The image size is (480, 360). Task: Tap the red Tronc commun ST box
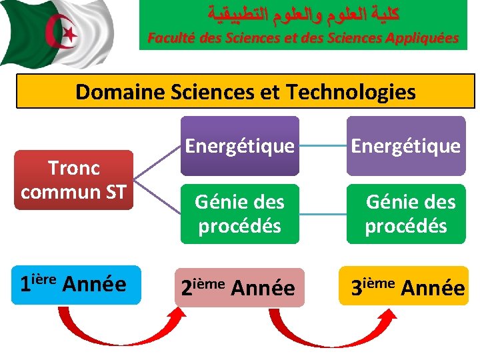click(73, 180)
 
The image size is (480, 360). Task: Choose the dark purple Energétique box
click(239, 145)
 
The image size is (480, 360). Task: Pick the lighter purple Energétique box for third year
click(406, 145)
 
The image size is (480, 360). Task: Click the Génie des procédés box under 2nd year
click(239, 213)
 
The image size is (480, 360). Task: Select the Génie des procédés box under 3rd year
click(406, 213)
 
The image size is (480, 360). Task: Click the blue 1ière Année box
click(73, 285)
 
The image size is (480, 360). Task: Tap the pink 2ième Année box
click(238, 287)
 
